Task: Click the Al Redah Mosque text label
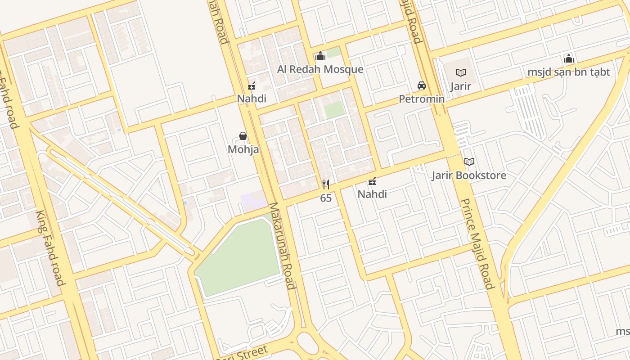(320, 69)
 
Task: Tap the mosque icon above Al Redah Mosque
(320, 56)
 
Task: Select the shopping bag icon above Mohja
(243, 136)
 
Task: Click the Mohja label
(243, 149)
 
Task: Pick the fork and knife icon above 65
(326, 184)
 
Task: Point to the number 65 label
(326, 198)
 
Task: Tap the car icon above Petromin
(422, 85)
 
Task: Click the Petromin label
(422, 99)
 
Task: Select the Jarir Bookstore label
(469, 175)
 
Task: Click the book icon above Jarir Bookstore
(469, 162)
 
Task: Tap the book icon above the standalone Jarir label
(461, 72)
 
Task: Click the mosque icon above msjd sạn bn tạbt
(569, 58)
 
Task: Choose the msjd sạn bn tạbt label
(569, 72)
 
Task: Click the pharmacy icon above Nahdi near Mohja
(252, 85)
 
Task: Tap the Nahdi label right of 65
(372, 194)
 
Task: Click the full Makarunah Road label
(282, 246)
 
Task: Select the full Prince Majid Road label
(478, 243)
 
